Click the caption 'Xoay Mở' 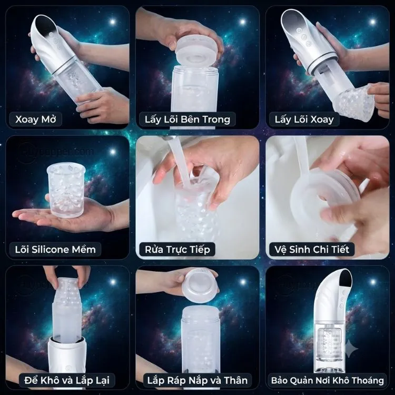[35, 119]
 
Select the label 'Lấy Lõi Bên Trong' [187, 120]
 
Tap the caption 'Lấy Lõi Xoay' [304, 120]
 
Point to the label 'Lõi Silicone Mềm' [55, 250]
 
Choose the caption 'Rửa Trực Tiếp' [177, 250]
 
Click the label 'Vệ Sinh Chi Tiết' [312, 250]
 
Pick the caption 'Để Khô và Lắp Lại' [67, 380]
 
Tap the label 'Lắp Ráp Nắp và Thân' [197, 380]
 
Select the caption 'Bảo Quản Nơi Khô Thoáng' [327, 380]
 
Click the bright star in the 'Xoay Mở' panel [113, 22]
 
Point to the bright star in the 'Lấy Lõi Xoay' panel [372, 22]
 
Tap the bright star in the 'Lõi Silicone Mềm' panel [113, 152]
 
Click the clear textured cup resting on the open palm [66, 190]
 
